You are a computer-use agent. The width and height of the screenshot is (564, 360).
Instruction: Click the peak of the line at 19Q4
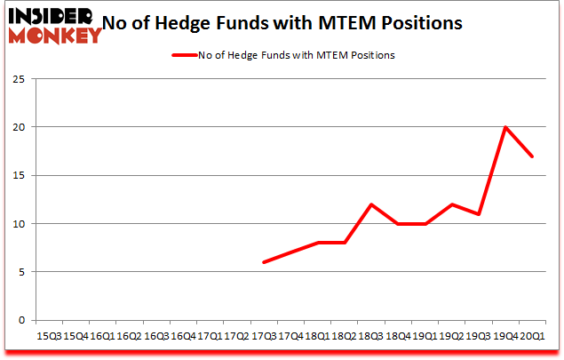coord(505,127)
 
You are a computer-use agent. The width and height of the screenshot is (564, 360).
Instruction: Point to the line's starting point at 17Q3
coord(264,262)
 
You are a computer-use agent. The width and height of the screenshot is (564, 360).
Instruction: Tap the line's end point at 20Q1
coord(533,156)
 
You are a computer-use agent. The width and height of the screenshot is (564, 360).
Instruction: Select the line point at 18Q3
coord(371,204)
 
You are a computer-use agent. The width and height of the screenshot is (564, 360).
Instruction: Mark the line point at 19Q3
coord(479,214)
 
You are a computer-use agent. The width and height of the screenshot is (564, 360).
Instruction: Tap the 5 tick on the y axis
coord(20,272)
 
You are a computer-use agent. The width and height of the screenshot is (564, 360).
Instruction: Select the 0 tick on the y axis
coord(20,320)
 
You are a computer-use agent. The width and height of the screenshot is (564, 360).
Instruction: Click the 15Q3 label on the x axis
coord(49,336)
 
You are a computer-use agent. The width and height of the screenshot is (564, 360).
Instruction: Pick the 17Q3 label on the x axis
coord(264,336)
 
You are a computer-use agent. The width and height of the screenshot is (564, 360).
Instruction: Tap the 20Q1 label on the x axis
coord(533,336)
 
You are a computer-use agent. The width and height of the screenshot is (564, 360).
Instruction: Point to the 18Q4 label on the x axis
coord(398,336)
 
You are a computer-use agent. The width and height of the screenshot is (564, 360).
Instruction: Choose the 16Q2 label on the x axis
coord(130,336)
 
